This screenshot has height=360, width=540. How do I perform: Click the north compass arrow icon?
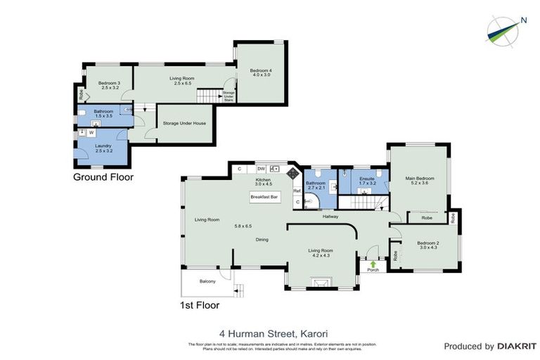coord(506,28)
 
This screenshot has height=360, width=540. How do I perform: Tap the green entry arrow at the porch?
coord(373,262)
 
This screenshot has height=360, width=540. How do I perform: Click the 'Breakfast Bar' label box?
coord(265,198)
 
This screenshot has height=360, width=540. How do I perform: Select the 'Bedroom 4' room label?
coord(259,72)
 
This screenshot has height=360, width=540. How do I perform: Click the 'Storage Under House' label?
coord(184,123)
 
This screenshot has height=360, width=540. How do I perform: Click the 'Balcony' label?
coord(207,281)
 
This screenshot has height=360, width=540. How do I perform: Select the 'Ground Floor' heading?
coord(103,177)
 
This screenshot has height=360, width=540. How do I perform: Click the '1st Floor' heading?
coord(200,305)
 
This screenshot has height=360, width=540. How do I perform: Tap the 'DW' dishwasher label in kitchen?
coord(260,169)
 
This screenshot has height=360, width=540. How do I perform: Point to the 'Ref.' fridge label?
coord(297,191)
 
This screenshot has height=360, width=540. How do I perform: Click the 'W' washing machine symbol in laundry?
coord(91,131)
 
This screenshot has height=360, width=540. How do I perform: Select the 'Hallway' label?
coord(330,217)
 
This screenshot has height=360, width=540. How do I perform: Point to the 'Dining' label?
coord(262,240)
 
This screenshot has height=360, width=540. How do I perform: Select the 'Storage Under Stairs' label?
coord(228,95)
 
